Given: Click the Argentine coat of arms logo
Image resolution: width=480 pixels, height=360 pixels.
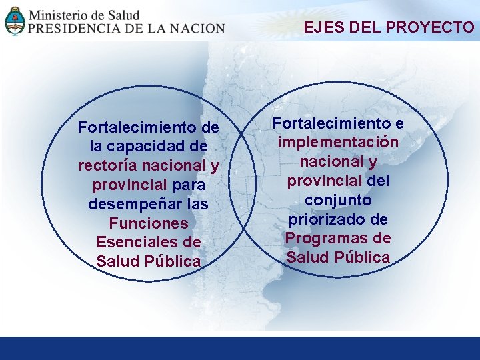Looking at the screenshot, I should [15, 20].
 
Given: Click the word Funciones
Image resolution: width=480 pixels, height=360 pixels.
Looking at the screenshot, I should [149, 223].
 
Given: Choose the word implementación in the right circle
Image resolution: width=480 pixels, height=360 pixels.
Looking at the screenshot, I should [338, 142].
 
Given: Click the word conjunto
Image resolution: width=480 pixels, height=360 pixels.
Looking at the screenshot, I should [338, 200].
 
